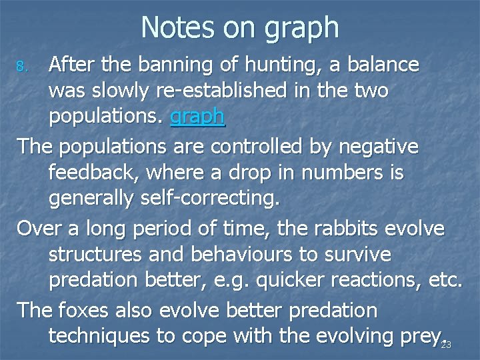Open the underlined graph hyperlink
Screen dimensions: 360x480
pos(197,117)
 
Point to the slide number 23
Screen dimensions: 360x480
pos(446,345)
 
